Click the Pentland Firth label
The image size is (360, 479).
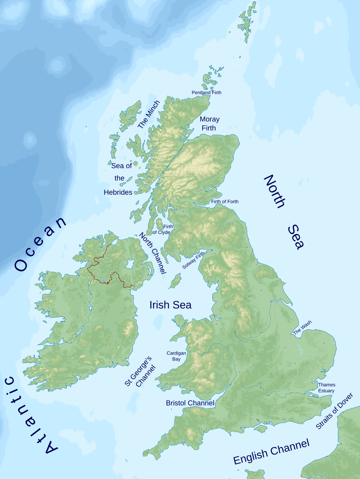pos(206,93)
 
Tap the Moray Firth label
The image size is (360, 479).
pos(209,123)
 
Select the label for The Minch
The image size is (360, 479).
pos(148,114)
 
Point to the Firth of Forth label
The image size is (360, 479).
pos(225,201)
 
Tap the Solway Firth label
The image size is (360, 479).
pos(193,260)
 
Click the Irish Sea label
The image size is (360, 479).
pos(170,305)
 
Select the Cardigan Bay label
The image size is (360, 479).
pos(176,356)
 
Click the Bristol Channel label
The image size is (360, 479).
pos(190,403)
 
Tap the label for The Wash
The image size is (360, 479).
pos(302,327)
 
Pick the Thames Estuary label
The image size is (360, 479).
pos(327,387)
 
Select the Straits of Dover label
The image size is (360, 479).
pos(334,411)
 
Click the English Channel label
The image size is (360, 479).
pos(271,452)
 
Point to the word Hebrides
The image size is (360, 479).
pos(118,192)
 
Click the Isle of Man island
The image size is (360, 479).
pos(175,281)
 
